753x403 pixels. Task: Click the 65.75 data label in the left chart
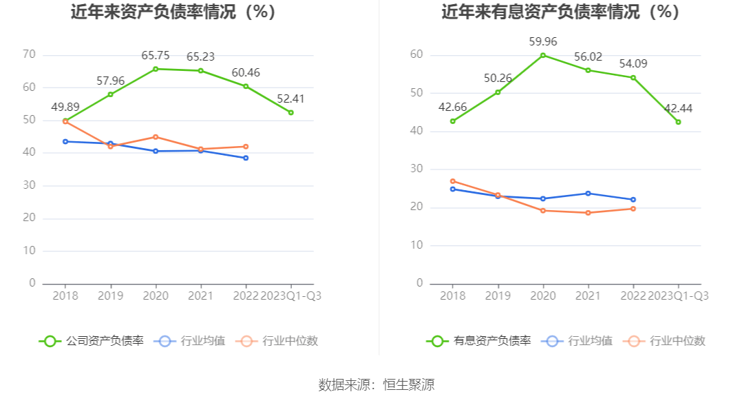coord(156,56)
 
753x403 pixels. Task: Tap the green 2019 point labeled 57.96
coord(110,94)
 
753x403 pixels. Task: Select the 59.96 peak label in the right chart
coord(543,42)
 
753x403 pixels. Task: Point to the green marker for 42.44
coord(678,122)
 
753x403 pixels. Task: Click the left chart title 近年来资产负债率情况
coord(173,12)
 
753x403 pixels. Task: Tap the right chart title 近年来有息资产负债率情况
coord(560,12)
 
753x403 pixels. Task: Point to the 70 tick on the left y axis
coord(29,55)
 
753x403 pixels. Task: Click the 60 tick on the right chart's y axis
coord(416,55)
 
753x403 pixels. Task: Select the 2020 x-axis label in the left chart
coord(156,296)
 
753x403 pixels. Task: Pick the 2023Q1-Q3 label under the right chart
coord(678,296)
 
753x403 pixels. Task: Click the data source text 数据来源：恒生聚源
coord(376,384)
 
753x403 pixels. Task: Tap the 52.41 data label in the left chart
coord(290,99)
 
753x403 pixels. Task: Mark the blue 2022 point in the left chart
coord(246,158)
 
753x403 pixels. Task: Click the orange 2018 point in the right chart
coord(453,181)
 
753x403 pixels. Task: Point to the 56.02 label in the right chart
coord(588,56)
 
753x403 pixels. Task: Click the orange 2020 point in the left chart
coord(156,137)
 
